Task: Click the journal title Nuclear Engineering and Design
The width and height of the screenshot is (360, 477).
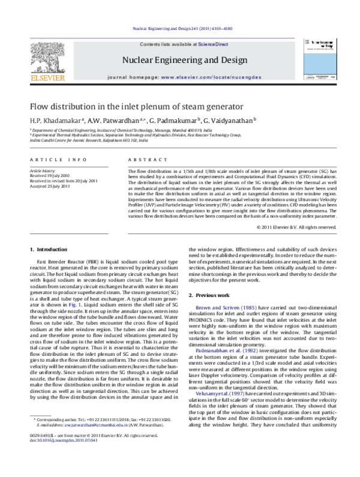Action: [183, 60]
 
